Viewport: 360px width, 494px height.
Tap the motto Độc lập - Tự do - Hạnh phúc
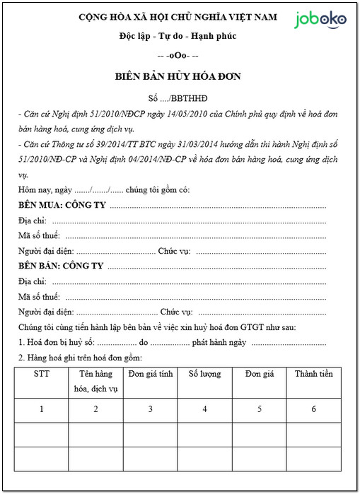point(178,36)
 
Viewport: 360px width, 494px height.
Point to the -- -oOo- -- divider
point(178,55)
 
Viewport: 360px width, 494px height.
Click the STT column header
point(42,374)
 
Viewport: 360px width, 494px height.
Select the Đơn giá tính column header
point(151,374)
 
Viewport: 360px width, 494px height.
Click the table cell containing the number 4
point(204,408)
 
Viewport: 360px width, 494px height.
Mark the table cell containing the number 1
point(42,408)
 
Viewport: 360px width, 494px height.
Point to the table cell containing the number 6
point(313,408)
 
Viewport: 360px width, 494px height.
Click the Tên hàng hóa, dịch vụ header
point(96,381)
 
